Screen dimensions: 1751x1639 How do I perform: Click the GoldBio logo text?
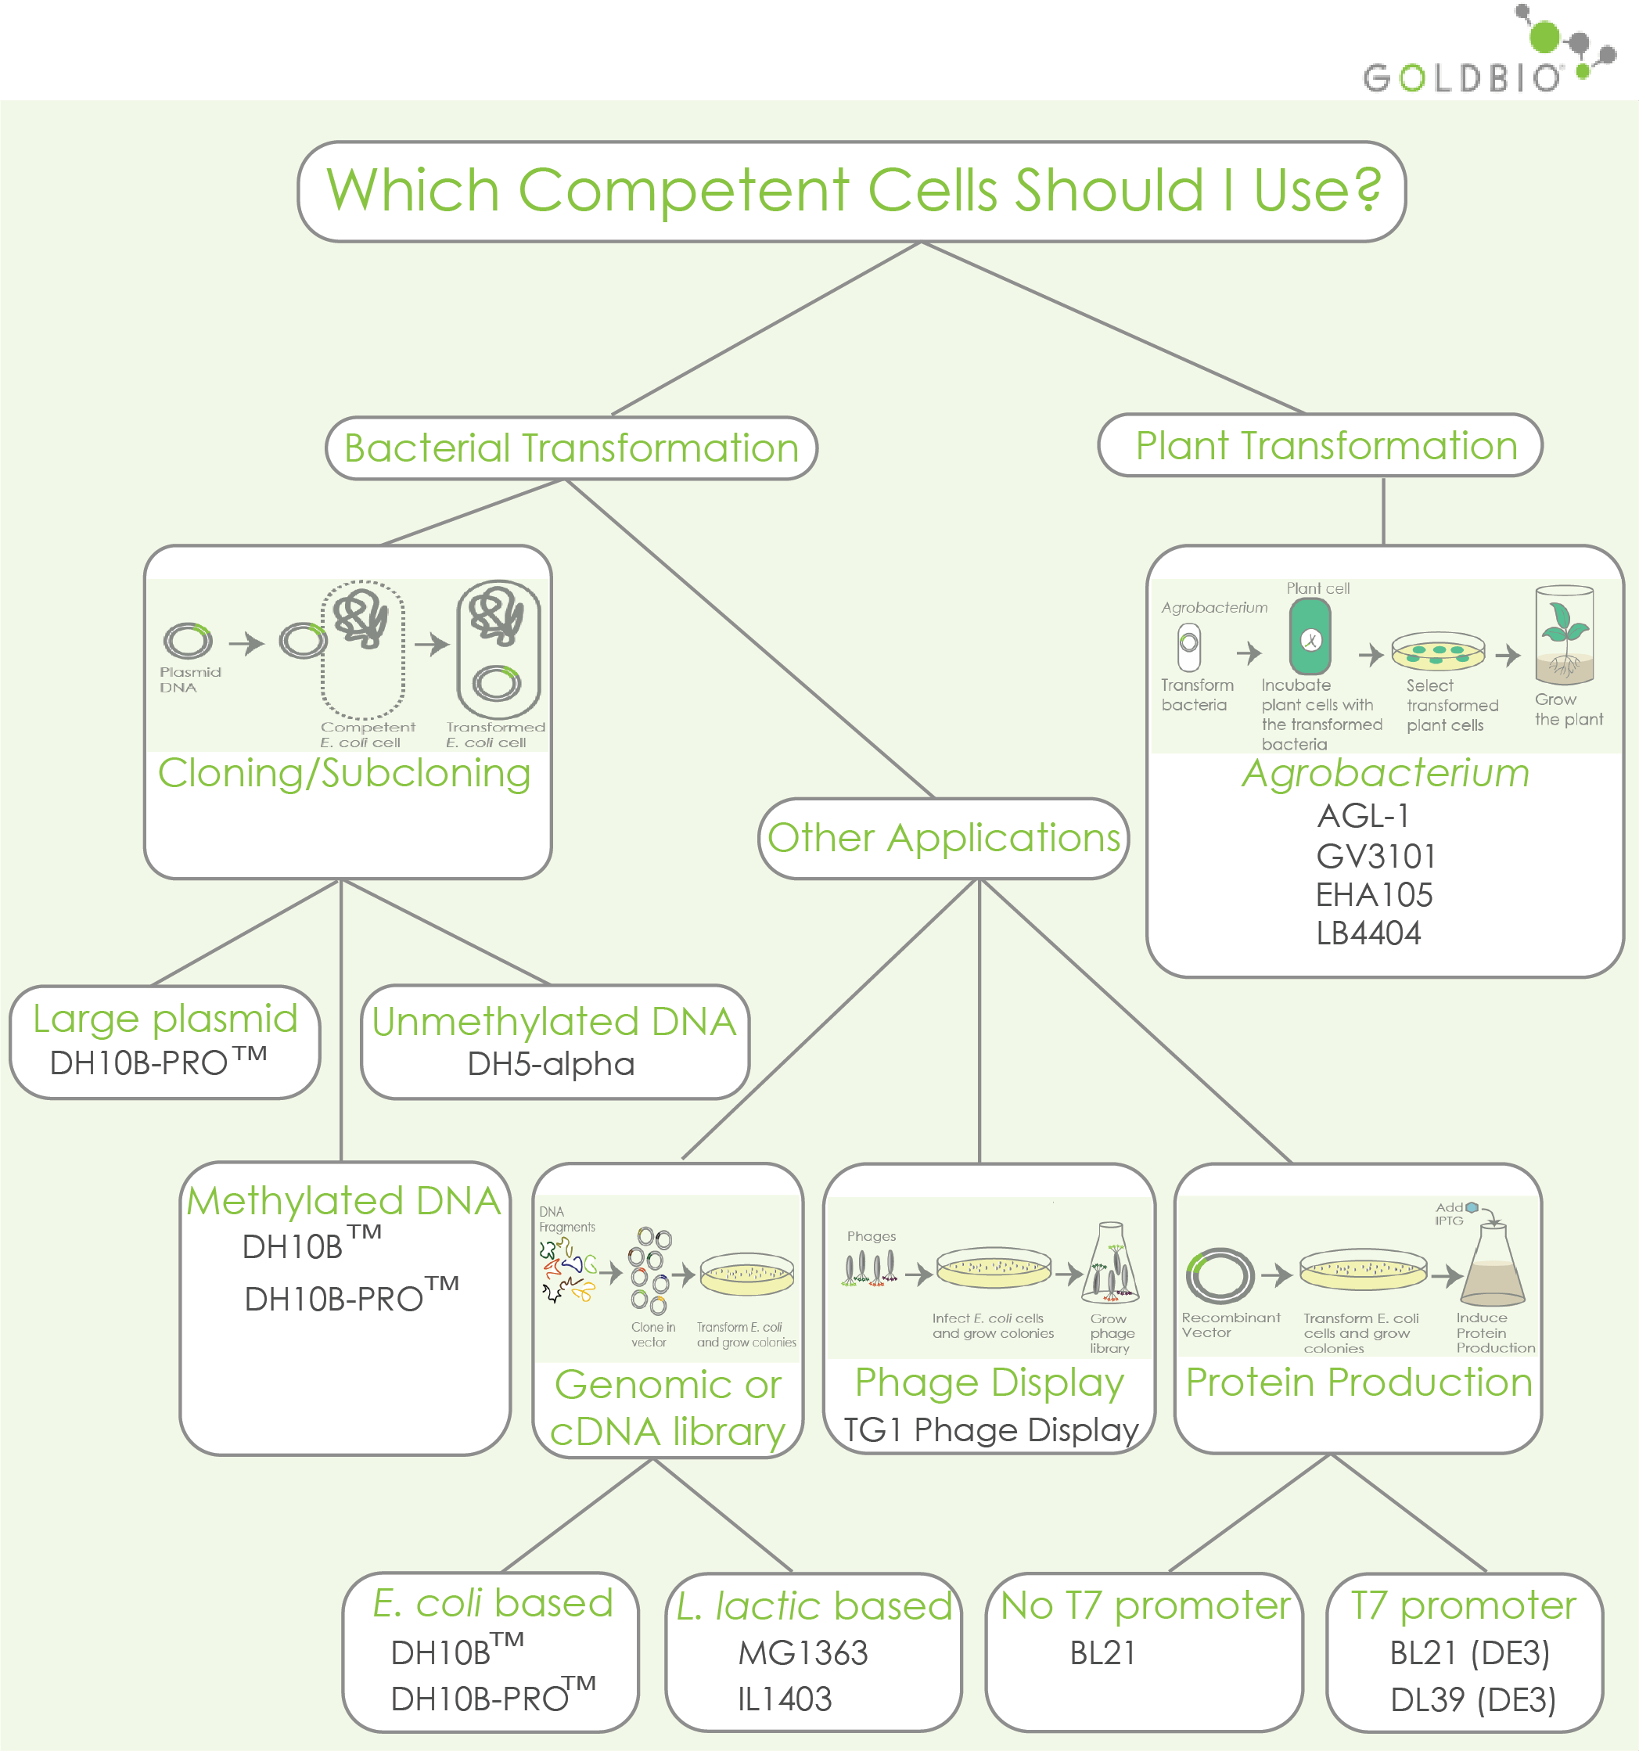pos(1462,77)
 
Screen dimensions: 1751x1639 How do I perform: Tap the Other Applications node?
pos(944,838)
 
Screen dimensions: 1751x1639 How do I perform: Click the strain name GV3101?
pos(1375,856)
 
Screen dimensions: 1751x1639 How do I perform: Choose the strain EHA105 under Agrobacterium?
pos(1374,895)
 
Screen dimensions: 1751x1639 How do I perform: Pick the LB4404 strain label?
pos(1368,933)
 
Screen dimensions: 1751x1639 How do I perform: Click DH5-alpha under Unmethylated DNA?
pos(551,1064)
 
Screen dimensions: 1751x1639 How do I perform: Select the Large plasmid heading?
pos(166,1019)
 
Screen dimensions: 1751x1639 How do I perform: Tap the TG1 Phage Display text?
pos(990,1429)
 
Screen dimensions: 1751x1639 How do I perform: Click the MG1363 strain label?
pos(803,1653)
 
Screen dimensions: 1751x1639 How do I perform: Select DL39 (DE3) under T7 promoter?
pos(1472,1700)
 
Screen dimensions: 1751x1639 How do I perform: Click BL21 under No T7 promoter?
pos(1102,1653)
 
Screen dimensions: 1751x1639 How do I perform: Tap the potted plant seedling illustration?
pos(1564,636)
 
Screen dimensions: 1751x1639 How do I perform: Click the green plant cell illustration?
pos(1310,638)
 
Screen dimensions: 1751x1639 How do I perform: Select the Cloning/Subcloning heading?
pos(344,773)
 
